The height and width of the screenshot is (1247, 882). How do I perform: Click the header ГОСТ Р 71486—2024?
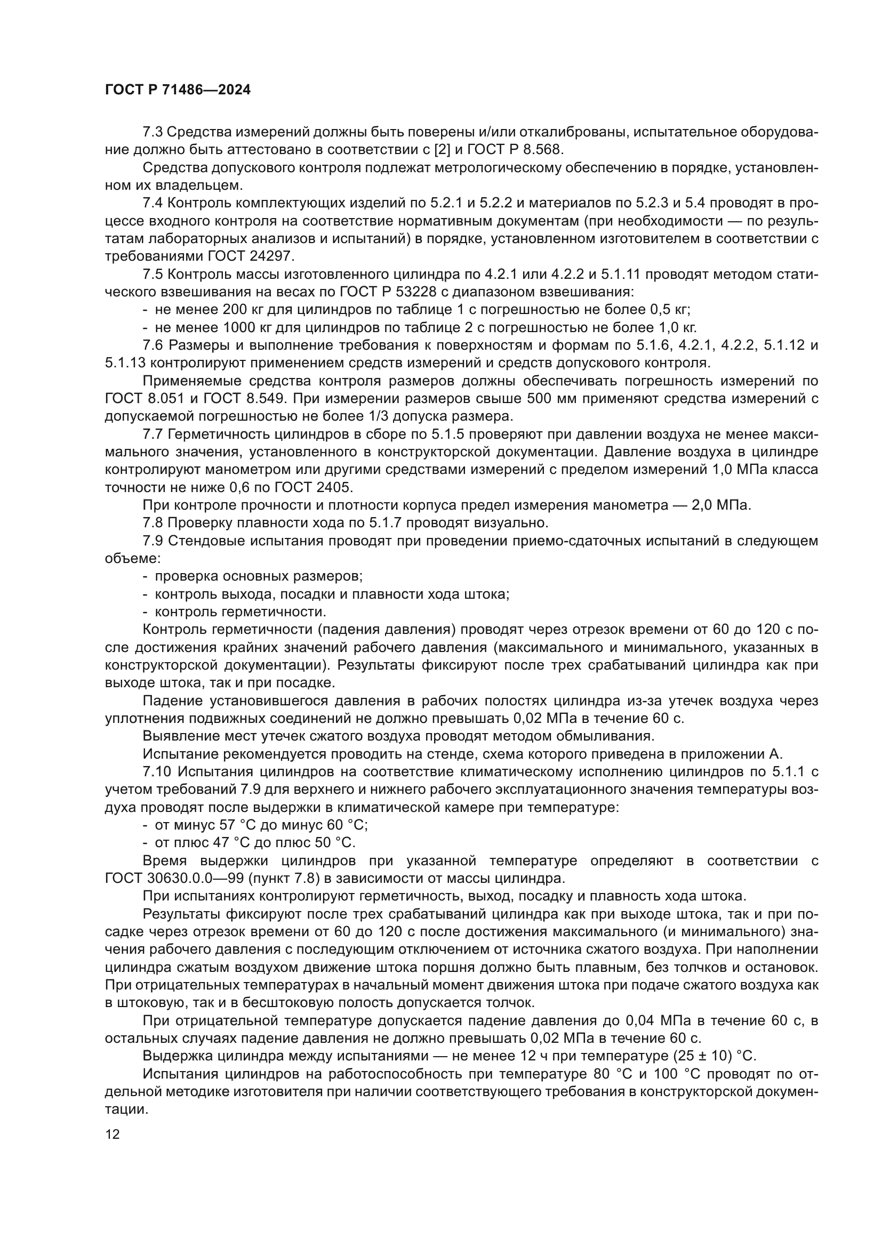178,90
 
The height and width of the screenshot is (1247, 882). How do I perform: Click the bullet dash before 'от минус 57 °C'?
145,825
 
